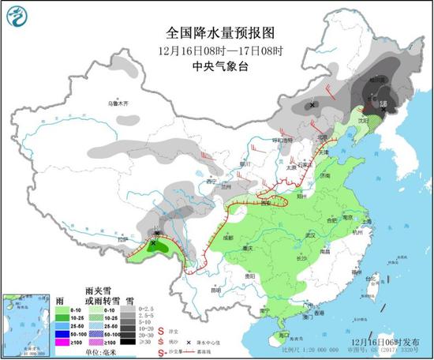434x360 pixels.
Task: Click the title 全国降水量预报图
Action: tap(220, 33)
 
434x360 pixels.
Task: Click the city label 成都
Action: tap(228, 236)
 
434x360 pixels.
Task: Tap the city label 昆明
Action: tap(215, 290)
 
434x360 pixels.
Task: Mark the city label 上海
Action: tap(373, 223)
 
